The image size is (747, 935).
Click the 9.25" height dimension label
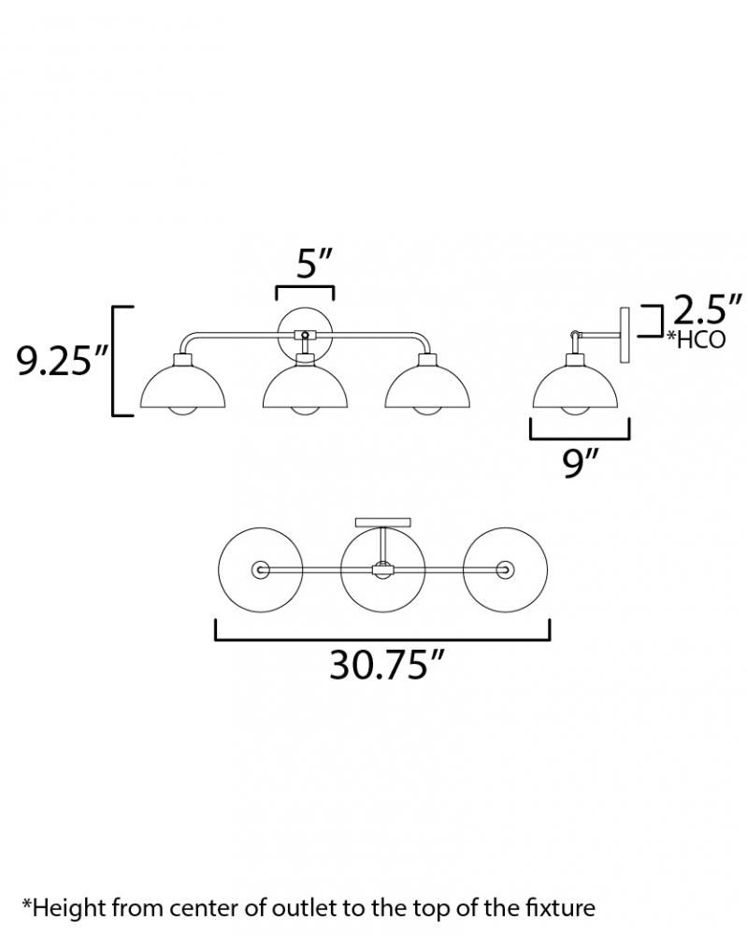63,360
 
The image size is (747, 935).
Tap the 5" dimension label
313,264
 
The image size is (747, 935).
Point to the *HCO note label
696,339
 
